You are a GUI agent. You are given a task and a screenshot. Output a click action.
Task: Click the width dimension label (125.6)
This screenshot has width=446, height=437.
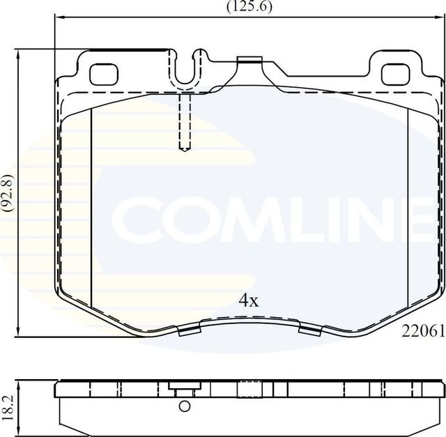(249, 6)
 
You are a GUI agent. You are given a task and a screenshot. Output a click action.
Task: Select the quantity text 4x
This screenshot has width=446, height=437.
(249, 300)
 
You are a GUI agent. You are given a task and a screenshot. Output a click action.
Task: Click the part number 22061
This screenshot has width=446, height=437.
(422, 332)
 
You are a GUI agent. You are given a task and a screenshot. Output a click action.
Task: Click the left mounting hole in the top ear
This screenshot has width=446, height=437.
(105, 71)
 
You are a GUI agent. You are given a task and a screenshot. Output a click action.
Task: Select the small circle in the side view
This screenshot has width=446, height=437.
(184, 407)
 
